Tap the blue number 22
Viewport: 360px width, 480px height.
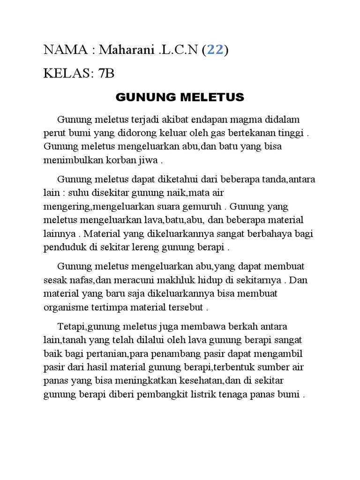[x=215, y=50]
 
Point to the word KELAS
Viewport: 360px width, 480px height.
[x=66, y=74]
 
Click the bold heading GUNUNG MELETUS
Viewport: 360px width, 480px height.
[x=180, y=97]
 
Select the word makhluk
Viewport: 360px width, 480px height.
[x=179, y=280]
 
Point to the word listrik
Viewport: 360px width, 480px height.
[x=213, y=394]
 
